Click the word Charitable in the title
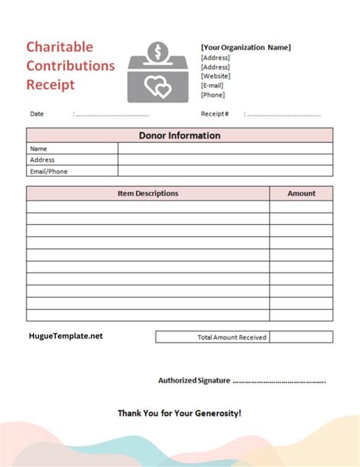click(x=61, y=47)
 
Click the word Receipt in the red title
click(x=51, y=84)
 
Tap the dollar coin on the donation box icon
click(x=159, y=52)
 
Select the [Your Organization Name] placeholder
click(x=245, y=47)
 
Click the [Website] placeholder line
click(x=215, y=76)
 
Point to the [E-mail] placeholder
click(x=213, y=85)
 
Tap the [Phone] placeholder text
click(x=213, y=95)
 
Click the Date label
click(x=36, y=114)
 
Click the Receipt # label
click(x=215, y=114)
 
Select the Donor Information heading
click(x=179, y=136)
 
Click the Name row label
click(x=39, y=149)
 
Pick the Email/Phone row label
click(x=49, y=172)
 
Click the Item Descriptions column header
click(x=148, y=194)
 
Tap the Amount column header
click(x=301, y=194)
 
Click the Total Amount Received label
click(x=232, y=337)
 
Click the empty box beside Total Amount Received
click(x=301, y=337)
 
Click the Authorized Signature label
click(x=194, y=380)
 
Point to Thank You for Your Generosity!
click(x=179, y=414)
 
